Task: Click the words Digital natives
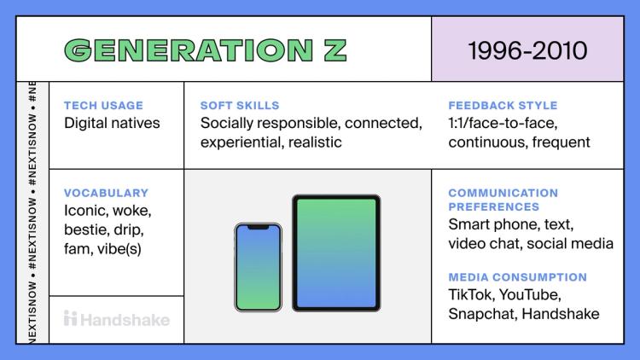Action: pos(112,123)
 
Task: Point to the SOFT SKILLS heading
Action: pos(240,106)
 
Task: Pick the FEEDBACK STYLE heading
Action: pos(503,106)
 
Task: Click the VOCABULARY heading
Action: pos(106,193)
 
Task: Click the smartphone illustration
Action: pos(258,267)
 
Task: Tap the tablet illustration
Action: pos(336,253)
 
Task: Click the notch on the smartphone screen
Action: pos(258,227)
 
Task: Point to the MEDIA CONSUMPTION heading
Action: pos(517,277)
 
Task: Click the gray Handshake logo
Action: pos(117,320)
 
